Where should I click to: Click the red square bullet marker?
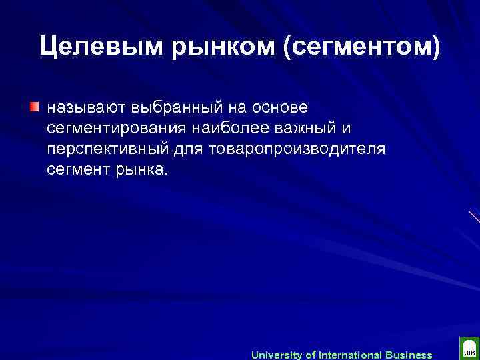click(34, 107)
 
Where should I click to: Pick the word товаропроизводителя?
click(297, 149)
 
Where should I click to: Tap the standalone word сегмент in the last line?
click(76, 169)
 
